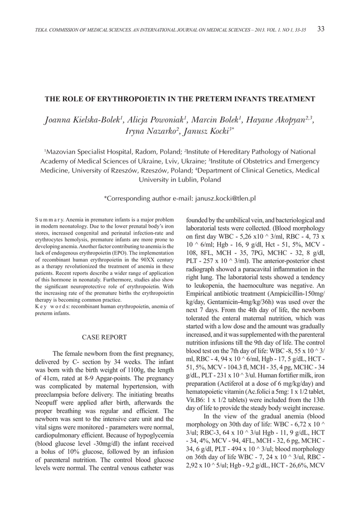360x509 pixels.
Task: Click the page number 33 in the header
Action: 320,29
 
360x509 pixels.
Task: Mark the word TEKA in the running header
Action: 41,31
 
